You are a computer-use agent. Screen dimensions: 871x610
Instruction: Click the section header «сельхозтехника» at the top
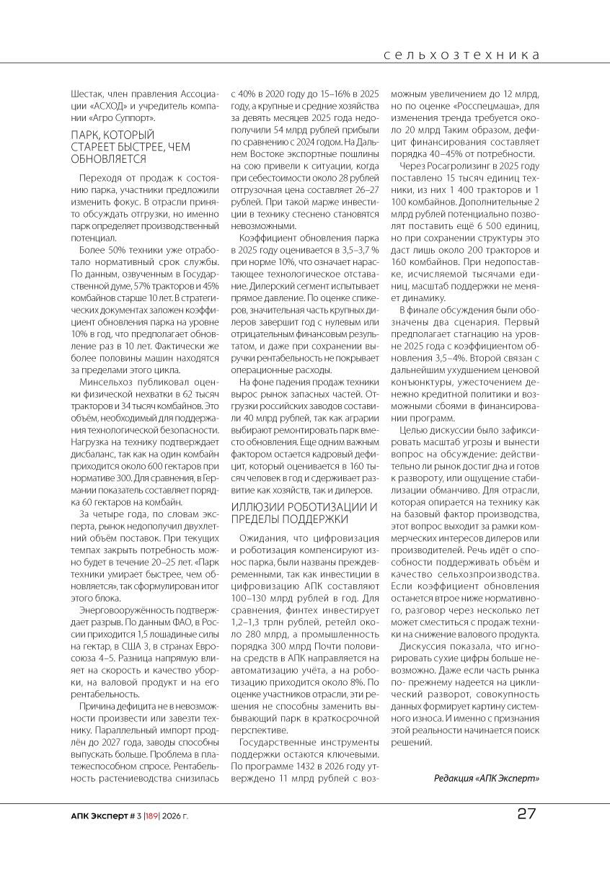462,55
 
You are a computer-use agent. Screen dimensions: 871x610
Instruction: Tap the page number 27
526,814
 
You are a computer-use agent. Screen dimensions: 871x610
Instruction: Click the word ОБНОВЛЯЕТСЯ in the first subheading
108,158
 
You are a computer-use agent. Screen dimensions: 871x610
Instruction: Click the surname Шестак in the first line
86,94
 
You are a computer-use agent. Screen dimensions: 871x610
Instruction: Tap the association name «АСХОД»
107,105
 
